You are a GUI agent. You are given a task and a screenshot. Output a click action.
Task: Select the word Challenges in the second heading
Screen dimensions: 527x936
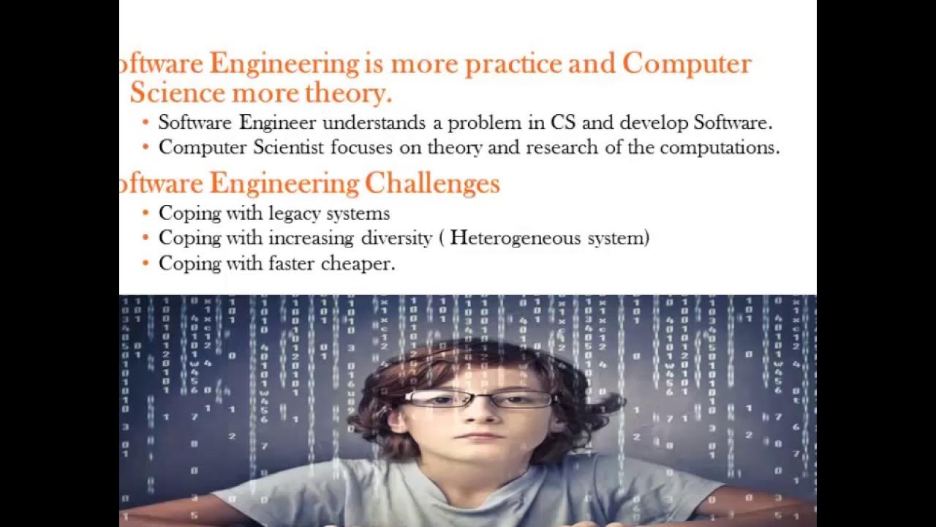pyautogui.click(x=432, y=183)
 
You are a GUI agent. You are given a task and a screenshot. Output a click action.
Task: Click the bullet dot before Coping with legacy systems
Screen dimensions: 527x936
pyautogui.click(x=146, y=213)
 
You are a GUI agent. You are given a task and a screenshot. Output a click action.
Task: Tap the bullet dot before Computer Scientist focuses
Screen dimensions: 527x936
pyautogui.click(x=146, y=146)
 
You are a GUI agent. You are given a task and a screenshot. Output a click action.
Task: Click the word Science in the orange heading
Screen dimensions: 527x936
pyautogui.click(x=177, y=94)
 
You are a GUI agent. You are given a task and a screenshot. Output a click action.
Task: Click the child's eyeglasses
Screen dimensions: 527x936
pyautogui.click(x=479, y=399)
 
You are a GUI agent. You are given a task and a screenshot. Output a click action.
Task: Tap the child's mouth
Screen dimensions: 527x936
pyautogui.click(x=479, y=436)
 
